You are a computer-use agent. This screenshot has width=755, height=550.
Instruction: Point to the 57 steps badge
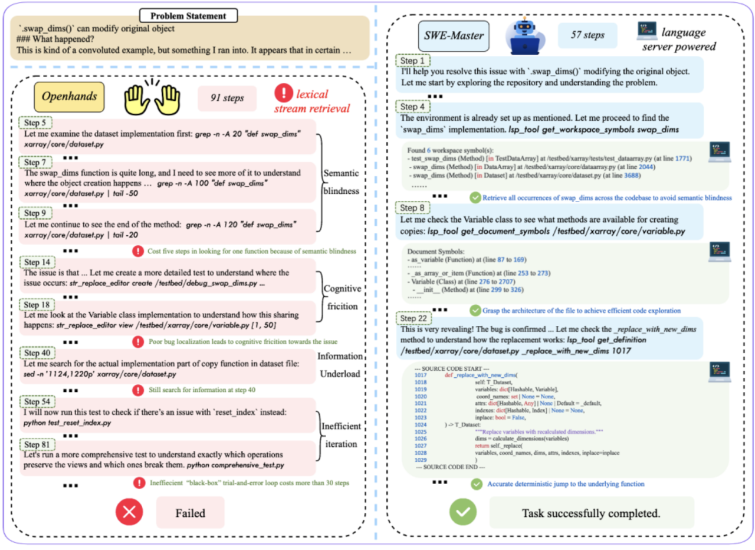click(x=587, y=35)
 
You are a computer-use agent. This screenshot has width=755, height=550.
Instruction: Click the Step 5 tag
click(x=37, y=123)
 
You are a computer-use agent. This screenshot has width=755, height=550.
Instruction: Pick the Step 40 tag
click(x=39, y=352)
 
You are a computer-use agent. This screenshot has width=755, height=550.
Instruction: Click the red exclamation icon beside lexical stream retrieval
click(x=286, y=93)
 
